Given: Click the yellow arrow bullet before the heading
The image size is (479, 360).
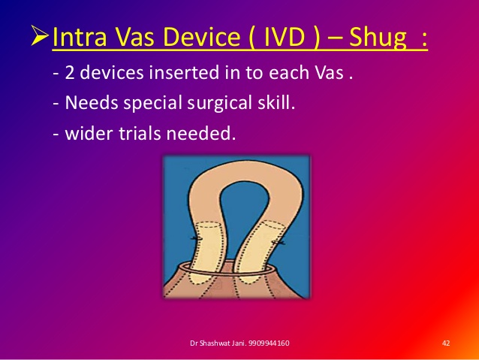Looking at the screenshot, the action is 40,36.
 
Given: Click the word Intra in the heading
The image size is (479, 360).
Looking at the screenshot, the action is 80,37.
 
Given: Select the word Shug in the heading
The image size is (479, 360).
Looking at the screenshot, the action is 378,38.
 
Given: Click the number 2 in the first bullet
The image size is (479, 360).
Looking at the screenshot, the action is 69,73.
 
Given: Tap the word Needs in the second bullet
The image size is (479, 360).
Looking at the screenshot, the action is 92,102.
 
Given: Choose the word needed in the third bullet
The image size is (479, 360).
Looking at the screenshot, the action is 199,134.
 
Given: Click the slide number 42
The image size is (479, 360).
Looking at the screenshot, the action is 446,343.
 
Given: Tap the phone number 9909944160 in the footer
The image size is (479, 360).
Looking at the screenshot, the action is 269,343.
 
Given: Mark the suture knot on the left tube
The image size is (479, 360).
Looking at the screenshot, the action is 194,238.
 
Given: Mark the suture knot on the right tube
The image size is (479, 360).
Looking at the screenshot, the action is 279,242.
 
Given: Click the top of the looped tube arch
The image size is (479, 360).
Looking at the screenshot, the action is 246,171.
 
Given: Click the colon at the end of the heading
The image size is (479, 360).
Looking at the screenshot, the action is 424,39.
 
